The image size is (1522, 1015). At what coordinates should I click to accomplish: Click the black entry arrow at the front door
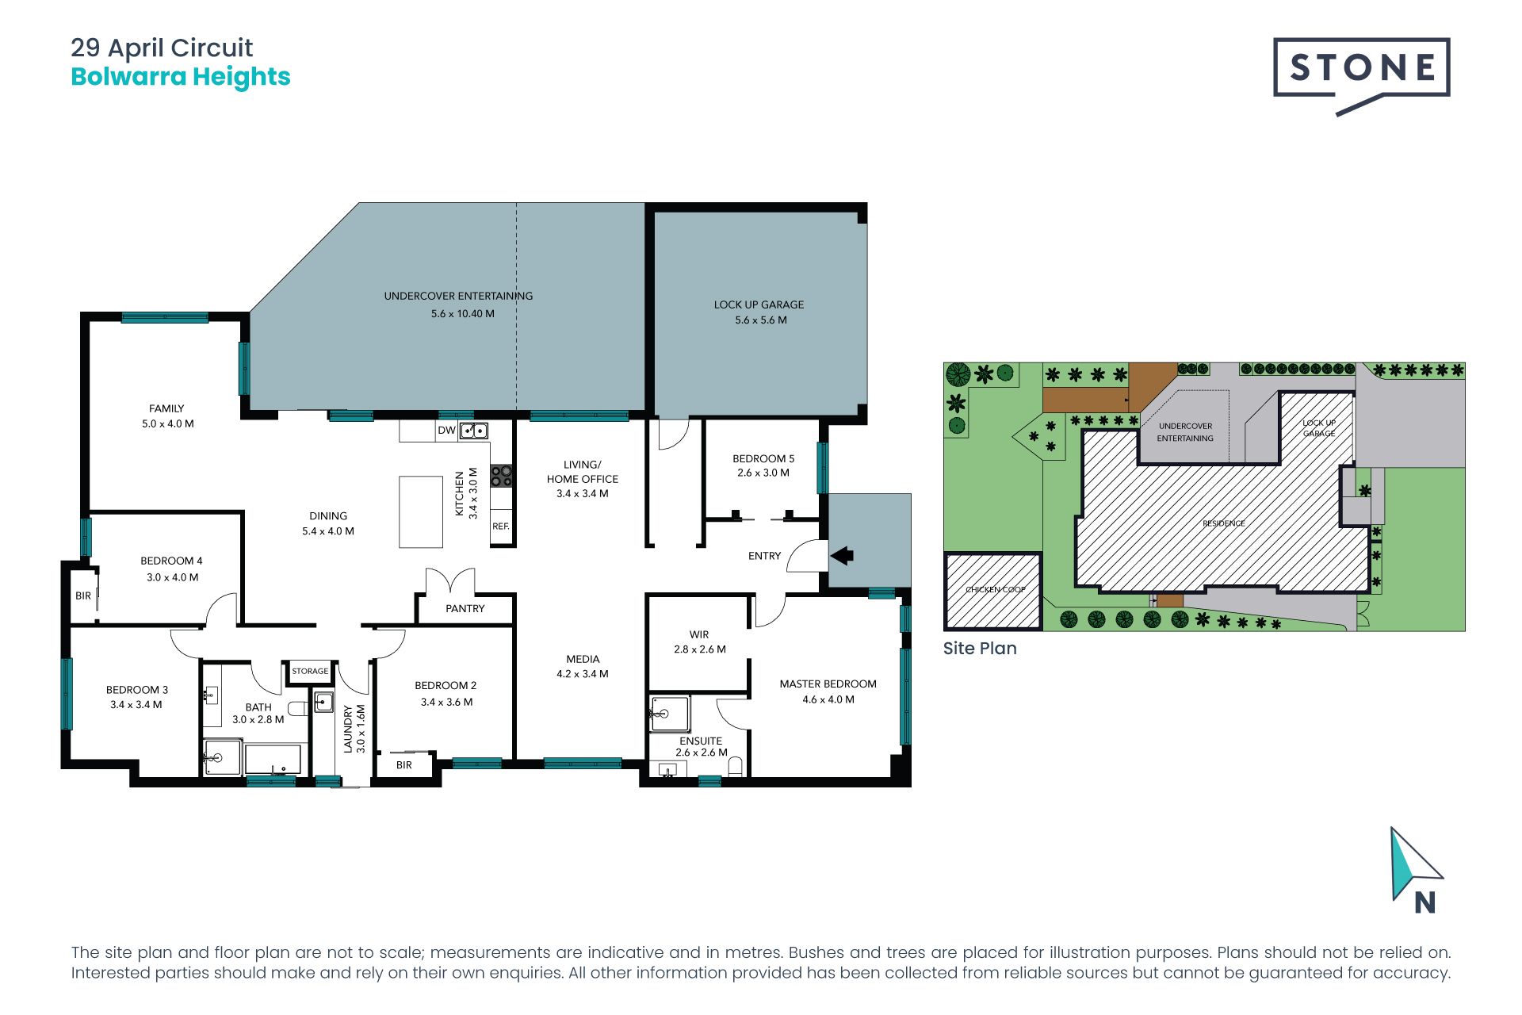pos(842,556)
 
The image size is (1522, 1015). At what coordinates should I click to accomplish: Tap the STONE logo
pos(1362,68)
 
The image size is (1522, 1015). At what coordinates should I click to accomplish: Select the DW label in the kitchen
pos(446,431)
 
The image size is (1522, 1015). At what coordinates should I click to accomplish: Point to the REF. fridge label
pos(501,527)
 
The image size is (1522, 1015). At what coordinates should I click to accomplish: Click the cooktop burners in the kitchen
pos(501,476)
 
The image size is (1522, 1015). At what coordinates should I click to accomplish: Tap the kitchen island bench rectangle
pos(420,511)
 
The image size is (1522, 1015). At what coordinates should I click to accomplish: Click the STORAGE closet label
pos(310,671)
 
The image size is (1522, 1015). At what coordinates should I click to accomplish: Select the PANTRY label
pos(465,609)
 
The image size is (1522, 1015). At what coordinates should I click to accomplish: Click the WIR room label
pos(699,634)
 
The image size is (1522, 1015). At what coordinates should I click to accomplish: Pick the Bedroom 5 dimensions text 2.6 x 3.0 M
pos(763,473)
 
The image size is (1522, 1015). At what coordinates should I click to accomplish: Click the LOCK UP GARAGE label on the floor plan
pos(759,304)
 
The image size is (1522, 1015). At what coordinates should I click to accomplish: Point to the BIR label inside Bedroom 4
pos(83,596)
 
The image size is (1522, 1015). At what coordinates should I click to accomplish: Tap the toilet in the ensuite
pos(735,767)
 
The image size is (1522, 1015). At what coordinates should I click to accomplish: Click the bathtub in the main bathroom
pos(273,759)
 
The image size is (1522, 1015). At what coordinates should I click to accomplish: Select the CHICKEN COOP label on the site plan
pos(995,589)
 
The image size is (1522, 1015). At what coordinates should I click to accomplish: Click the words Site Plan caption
pos(980,648)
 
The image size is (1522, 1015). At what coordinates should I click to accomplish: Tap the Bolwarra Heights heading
pos(181,77)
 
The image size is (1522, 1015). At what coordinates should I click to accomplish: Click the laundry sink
pos(323,703)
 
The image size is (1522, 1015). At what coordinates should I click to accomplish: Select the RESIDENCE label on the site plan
pos(1223,523)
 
